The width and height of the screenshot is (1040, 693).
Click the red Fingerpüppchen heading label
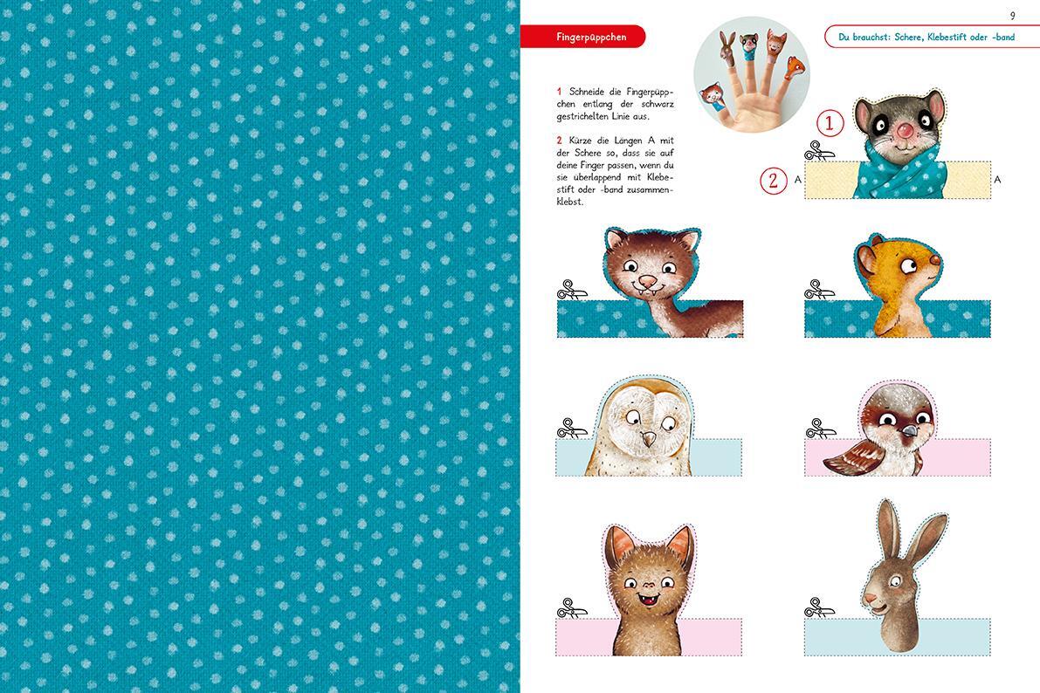coord(582,37)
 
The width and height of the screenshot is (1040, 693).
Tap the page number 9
coord(1012,15)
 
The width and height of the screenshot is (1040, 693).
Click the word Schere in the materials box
coord(907,38)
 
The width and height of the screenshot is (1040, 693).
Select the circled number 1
coord(829,123)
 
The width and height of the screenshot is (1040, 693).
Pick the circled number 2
coord(773,180)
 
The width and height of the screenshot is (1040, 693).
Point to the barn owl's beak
coord(648,438)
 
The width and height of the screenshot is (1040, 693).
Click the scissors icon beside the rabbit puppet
coord(819,607)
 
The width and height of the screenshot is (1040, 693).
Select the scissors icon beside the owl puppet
coord(572,428)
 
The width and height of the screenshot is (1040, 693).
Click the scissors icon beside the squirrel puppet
coord(819,289)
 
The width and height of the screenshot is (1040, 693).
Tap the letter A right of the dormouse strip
coord(997,180)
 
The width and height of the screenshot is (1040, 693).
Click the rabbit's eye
coord(895,581)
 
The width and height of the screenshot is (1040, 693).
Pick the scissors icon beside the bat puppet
coord(572,607)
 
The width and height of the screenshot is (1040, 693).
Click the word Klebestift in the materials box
coord(947,38)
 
